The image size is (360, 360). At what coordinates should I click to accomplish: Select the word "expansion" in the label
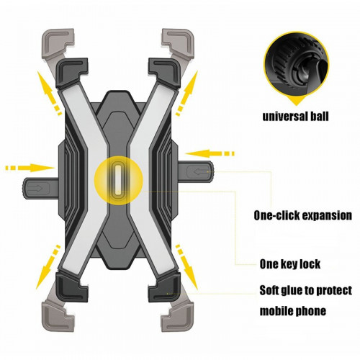(x=327, y=216)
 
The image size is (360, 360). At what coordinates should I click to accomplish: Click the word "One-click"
(x=276, y=215)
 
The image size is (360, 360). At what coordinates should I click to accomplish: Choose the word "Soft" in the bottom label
(x=270, y=290)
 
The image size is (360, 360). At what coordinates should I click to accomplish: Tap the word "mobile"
(x=275, y=311)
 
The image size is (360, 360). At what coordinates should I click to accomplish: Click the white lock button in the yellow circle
(x=118, y=180)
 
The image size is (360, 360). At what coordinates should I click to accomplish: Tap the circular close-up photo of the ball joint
(x=297, y=65)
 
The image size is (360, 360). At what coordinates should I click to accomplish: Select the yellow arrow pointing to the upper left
(x=49, y=93)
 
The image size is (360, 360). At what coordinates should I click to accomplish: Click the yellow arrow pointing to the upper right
(x=187, y=93)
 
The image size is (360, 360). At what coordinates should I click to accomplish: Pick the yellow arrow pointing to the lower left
(x=48, y=267)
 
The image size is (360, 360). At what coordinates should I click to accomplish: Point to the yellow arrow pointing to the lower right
(x=186, y=267)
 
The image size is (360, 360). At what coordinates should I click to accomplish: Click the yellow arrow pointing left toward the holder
(x=210, y=153)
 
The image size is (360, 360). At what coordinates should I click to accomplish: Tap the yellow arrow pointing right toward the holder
(x=30, y=168)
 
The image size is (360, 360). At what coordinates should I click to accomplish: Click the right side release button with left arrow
(x=196, y=172)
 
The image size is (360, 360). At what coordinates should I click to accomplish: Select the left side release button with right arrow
(x=41, y=188)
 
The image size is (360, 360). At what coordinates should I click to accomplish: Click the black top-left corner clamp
(x=71, y=72)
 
